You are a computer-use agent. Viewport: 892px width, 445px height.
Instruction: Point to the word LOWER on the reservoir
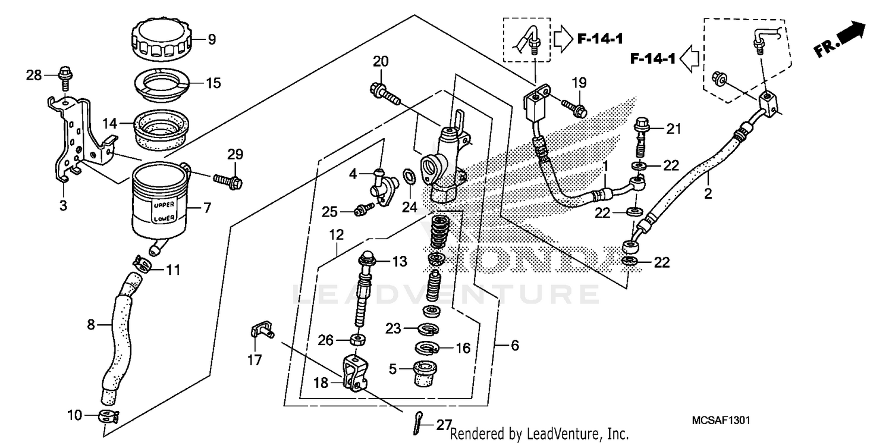[x=164, y=218]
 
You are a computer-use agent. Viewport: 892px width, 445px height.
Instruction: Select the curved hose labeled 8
[x=119, y=339]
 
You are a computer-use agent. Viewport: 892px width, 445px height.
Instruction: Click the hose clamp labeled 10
[x=108, y=415]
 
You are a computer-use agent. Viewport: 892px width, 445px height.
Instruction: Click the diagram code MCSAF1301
[x=720, y=421]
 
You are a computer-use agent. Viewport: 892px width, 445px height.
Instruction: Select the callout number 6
[x=515, y=345]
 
